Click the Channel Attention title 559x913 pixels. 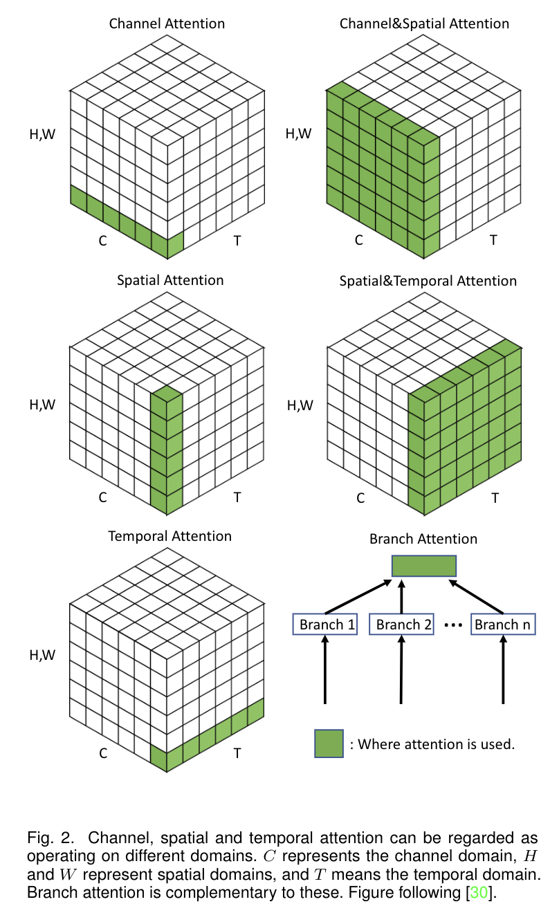point(167,24)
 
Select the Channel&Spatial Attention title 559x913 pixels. point(424,24)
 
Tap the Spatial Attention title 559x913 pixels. point(170,280)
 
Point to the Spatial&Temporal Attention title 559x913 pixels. point(428,281)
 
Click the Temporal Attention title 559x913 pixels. point(170,536)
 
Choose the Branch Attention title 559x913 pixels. point(423,539)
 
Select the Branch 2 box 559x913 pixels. point(404,625)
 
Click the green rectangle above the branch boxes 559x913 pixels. point(424,566)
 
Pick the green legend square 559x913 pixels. point(329,744)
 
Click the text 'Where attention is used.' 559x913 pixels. point(432,745)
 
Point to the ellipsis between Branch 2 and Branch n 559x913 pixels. point(452,625)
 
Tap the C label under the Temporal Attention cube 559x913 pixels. point(103,753)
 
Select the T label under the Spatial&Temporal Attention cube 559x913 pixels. point(494,497)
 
